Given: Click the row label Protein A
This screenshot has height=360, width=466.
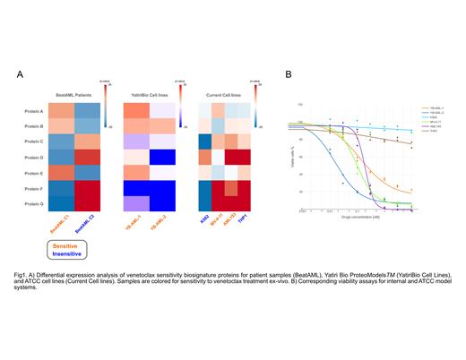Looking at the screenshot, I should click(x=35, y=112).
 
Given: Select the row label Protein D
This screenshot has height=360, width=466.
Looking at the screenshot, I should click(x=35, y=157).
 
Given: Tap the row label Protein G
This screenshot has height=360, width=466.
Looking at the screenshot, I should click(x=35, y=203).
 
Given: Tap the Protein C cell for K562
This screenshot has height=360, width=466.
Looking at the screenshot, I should click(x=204, y=141).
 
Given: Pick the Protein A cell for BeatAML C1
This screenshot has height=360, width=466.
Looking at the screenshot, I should click(x=61, y=112).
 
